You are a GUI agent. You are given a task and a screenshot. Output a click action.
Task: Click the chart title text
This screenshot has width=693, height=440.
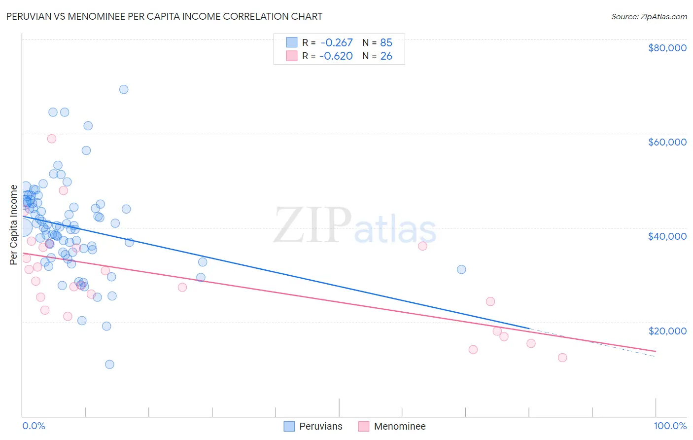(x=164, y=16)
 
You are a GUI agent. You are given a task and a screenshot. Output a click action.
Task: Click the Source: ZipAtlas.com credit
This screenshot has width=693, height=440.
(x=649, y=17)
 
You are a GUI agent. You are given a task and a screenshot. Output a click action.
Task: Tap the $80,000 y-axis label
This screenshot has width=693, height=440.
(x=667, y=48)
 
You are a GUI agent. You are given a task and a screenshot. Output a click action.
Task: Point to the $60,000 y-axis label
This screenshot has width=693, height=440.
(x=667, y=142)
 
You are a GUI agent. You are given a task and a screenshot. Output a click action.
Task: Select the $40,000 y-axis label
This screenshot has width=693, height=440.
(x=667, y=236)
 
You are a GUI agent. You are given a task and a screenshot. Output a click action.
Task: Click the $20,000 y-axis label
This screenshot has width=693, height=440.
(x=667, y=330)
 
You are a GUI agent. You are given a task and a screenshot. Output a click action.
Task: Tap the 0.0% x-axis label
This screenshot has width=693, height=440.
(x=34, y=426)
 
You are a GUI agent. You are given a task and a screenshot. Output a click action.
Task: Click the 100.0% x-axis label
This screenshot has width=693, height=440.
(x=670, y=426)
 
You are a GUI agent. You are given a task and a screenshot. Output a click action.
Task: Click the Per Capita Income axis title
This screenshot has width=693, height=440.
(x=14, y=224)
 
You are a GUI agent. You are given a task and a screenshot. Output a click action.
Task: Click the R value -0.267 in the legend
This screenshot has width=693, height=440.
(x=336, y=43)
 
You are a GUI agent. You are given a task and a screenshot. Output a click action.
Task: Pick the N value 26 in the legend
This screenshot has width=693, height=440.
(x=386, y=56)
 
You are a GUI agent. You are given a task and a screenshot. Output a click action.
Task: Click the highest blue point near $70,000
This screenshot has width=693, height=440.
(x=124, y=89)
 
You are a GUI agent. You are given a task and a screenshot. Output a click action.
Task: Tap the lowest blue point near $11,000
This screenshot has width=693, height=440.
(x=109, y=365)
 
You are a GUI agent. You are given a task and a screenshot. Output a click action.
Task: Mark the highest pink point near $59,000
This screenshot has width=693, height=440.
(x=52, y=139)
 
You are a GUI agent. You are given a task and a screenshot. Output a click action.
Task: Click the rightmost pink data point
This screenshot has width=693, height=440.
(x=562, y=358)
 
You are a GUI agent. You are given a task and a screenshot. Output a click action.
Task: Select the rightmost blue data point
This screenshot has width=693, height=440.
(x=461, y=269)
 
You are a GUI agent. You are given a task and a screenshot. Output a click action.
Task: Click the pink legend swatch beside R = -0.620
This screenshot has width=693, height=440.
(x=292, y=56)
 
